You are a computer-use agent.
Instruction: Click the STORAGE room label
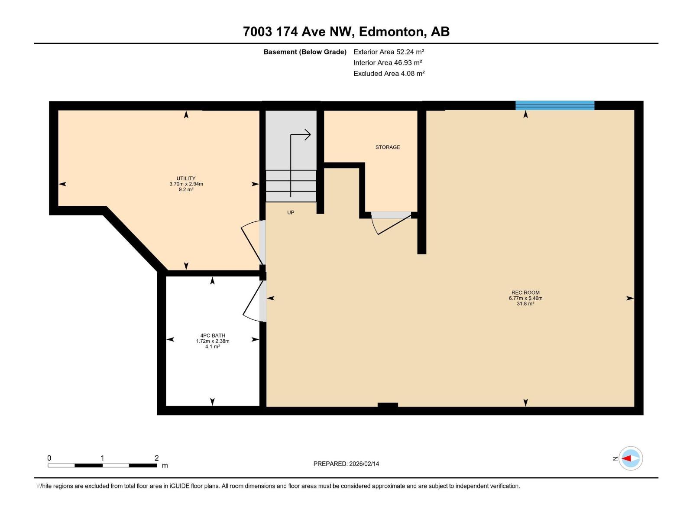[x=388, y=147]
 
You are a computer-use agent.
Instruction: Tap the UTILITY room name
[x=186, y=178]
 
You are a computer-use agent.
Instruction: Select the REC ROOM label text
[x=525, y=292]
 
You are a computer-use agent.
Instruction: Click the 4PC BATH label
[x=212, y=335]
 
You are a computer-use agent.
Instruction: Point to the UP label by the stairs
[x=291, y=212]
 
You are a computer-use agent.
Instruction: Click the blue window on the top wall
[x=554, y=105]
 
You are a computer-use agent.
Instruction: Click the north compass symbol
[x=630, y=458]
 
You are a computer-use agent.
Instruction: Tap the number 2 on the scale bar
[x=157, y=458]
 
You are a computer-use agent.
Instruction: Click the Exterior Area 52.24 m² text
[x=389, y=52]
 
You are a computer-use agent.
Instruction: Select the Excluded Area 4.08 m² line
[x=389, y=74]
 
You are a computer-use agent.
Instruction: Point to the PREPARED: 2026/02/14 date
[x=346, y=464]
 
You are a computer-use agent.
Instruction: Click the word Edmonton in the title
[x=391, y=32]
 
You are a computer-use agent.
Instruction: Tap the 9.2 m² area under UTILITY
[x=186, y=189]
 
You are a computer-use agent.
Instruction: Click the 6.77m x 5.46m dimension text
[x=525, y=298]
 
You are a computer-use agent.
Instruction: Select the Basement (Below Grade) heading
[x=305, y=52]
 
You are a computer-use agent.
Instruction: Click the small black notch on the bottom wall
[x=388, y=405]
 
